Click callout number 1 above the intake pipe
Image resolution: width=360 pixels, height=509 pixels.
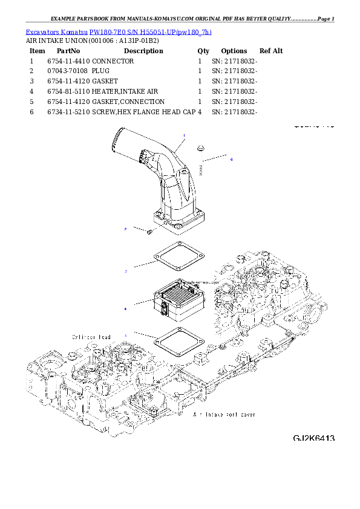pyautogui.click(x=184, y=135)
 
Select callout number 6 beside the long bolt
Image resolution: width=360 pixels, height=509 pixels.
pyautogui.click(x=231, y=160)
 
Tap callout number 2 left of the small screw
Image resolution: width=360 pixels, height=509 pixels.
pyautogui.click(x=125, y=230)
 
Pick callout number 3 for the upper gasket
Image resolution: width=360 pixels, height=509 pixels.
pyautogui.click(x=126, y=271)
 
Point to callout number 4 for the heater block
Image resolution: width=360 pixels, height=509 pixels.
pyautogui.click(x=125, y=309)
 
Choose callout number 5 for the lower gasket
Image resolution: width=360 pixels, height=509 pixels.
pyautogui.click(x=126, y=334)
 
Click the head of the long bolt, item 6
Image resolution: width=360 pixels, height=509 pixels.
pyautogui.click(x=200, y=147)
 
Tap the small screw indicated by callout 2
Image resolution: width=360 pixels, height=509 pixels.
pyautogui.click(x=149, y=231)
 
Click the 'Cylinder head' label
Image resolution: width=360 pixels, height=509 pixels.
pyautogui.click(x=90, y=336)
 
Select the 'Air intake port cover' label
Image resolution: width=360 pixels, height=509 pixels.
pyautogui.click(x=224, y=415)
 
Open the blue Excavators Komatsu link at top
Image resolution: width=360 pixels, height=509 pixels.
pyautogui.click(x=119, y=31)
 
